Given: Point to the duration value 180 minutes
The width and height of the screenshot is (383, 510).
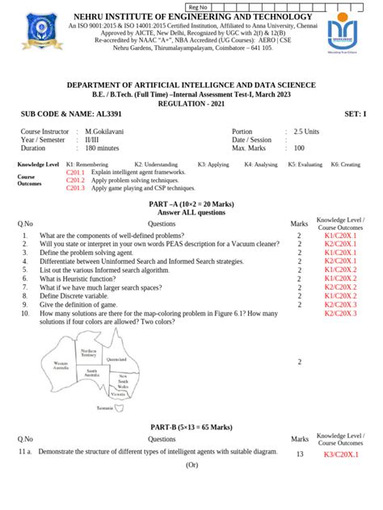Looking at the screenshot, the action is tap(103, 148).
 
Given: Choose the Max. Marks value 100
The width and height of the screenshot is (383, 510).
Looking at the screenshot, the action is tap(299, 148).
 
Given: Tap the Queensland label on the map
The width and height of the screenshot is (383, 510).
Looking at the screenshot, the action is tap(116, 359).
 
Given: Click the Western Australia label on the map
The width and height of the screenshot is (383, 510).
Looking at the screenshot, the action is tap(61, 365).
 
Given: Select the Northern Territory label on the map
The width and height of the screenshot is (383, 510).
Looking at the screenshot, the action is tap(88, 353).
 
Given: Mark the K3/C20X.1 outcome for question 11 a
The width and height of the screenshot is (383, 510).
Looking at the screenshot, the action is tap(340, 455).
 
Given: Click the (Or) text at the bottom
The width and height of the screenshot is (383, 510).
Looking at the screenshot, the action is tap(191, 466).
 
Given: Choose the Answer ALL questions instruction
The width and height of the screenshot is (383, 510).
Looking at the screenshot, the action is tap(191, 213).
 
